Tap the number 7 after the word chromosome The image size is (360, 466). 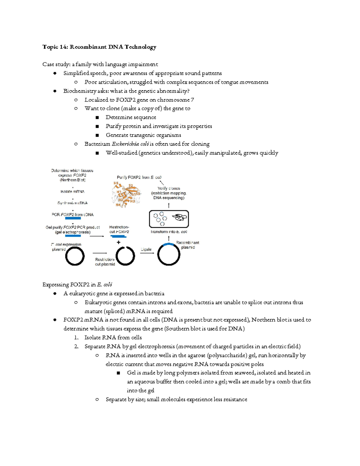192,100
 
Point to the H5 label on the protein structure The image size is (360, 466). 116,183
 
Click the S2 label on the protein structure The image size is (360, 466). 130,185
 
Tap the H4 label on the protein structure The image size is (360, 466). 118,205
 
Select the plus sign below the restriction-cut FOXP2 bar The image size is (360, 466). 118,242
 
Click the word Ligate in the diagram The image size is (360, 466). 146,249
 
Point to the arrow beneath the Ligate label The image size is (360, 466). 147,254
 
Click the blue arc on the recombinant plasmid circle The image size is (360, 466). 169,244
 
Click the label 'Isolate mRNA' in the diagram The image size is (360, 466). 72,191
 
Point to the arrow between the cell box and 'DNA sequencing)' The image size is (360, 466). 169,206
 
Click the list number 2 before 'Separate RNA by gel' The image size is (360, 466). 76,347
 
